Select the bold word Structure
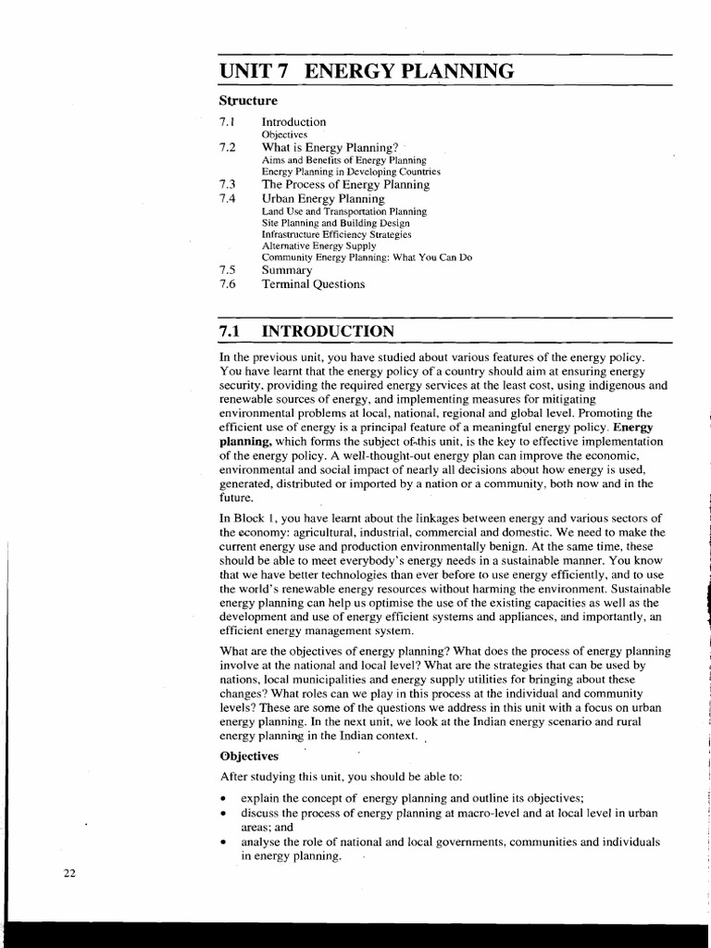tap(247, 100)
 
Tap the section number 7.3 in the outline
tap(228, 185)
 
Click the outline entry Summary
tap(287, 270)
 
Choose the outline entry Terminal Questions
tap(313, 284)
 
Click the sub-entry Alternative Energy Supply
tap(318, 246)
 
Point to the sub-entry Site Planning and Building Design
tap(335, 223)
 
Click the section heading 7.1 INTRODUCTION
tap(306, 331)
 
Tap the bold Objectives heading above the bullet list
tap(249, 755)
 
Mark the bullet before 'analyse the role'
tap(223, 843)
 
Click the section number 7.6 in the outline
tap(228, 284)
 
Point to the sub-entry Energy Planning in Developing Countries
tap(351, 172)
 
